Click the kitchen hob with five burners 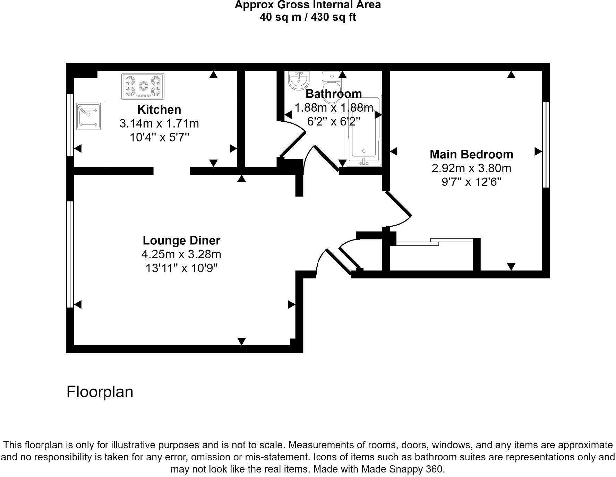tap(143, 87)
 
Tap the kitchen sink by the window tap(88, 116)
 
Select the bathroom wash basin tap(299, 80)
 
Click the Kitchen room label tap(159, 110)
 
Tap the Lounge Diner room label tap(181, 240)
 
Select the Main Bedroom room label tap(471, 154)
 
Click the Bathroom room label tap(333, 94)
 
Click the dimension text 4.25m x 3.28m tap(181, 254)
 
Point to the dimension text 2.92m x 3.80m tap(471, 168)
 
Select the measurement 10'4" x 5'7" tap(159, 138)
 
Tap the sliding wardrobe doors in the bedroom tap(434, 242)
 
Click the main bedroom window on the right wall tap(546, 144)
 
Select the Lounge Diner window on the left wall tap(70, 254)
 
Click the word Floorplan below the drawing tap(100, 392)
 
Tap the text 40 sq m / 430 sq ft tap(308, 17)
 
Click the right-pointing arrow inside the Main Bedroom tap(538, 151)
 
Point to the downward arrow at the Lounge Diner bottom tap(241, 341)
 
